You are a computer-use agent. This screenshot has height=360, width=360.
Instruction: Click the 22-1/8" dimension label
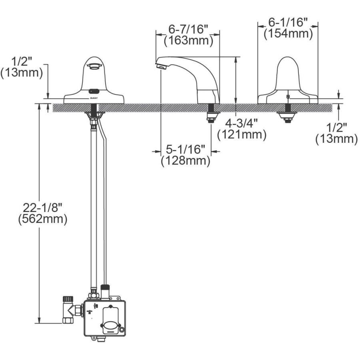(43, 208)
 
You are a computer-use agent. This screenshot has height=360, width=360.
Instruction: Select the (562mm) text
(43, 219)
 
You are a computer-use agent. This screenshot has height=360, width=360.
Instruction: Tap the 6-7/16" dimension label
(188, 29)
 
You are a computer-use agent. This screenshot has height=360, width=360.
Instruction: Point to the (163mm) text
(188, 41)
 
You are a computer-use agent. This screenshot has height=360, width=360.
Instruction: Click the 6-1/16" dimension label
(288, 22)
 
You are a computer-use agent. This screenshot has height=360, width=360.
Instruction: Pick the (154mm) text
(288, 34)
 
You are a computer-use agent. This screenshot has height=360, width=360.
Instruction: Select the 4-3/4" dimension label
(242, 124)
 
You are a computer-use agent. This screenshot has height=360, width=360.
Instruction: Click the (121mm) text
(242, 134)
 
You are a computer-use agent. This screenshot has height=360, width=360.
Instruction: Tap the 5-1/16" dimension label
(186, 150)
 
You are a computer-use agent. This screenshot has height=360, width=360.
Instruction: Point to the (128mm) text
(186, 160)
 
